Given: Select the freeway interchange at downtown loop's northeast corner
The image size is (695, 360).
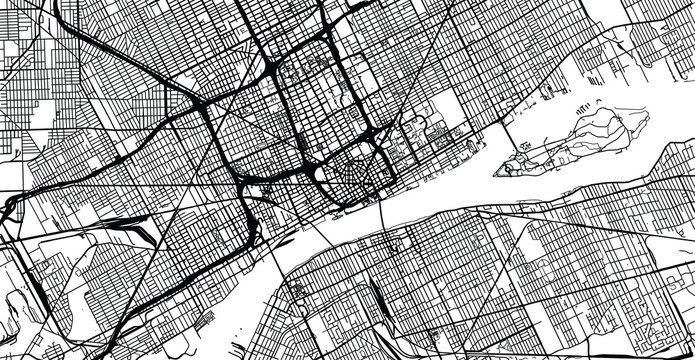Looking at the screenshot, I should [375, 135].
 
